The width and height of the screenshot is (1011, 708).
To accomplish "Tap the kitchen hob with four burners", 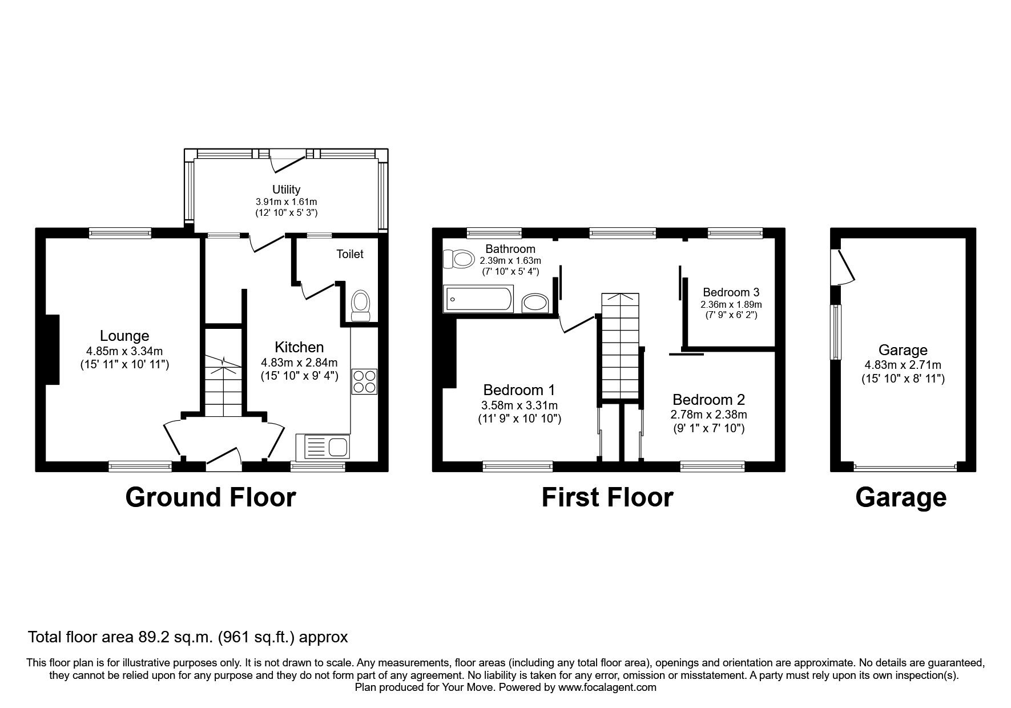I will coord(365,381).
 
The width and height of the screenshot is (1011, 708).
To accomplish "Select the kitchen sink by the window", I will coord(323,446).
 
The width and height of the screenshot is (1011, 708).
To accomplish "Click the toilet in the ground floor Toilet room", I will coord(360,307).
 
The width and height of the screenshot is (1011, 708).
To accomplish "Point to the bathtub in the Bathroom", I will coord(479,299).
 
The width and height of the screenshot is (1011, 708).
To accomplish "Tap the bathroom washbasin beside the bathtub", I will coord(535,301).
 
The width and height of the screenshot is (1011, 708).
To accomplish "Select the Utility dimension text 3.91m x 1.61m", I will coord(286,202).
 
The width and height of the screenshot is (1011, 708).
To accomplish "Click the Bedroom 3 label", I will coord(731,292).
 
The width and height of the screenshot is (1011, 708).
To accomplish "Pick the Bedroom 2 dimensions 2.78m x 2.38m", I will coord(708,415).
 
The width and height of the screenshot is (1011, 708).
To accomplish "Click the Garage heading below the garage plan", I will coord(900,497).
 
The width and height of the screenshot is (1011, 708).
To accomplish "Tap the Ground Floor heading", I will coord(211,497).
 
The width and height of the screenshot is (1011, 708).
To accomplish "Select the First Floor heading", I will coord(607,497).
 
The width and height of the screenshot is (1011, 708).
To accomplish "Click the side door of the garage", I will coord(845,267).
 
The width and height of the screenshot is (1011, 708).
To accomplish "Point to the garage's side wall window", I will coord(836,332).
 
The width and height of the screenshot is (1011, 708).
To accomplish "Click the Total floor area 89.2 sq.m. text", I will coord(188,637).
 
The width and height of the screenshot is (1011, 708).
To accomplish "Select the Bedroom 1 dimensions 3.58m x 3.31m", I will coord(519,406).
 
